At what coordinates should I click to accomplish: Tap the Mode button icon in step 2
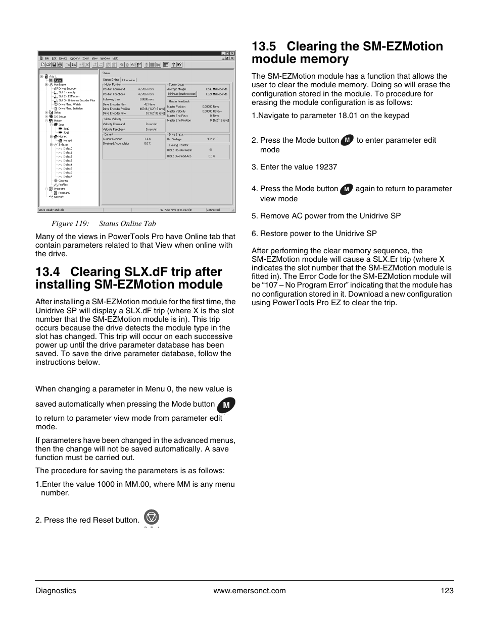[347, 140]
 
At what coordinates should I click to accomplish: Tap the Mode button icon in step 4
[346, 189]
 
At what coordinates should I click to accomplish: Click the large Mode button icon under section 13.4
[226, 405]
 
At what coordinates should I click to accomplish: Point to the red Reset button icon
[151, 517]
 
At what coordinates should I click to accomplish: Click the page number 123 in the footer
[447, 591]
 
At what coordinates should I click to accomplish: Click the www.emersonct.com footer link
[250, 591]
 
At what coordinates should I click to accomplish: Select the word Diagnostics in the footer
[56, 591]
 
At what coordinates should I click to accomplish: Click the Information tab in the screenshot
[128, 80]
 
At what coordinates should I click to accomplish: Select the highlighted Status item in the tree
[58, 80]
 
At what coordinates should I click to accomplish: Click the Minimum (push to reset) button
[182, 94]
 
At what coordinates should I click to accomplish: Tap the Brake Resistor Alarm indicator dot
[211, 150]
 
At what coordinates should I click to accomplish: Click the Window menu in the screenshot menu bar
[105, 58]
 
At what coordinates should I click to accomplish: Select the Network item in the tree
[59, 197]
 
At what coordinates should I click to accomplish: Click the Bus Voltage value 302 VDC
[212, 139]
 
